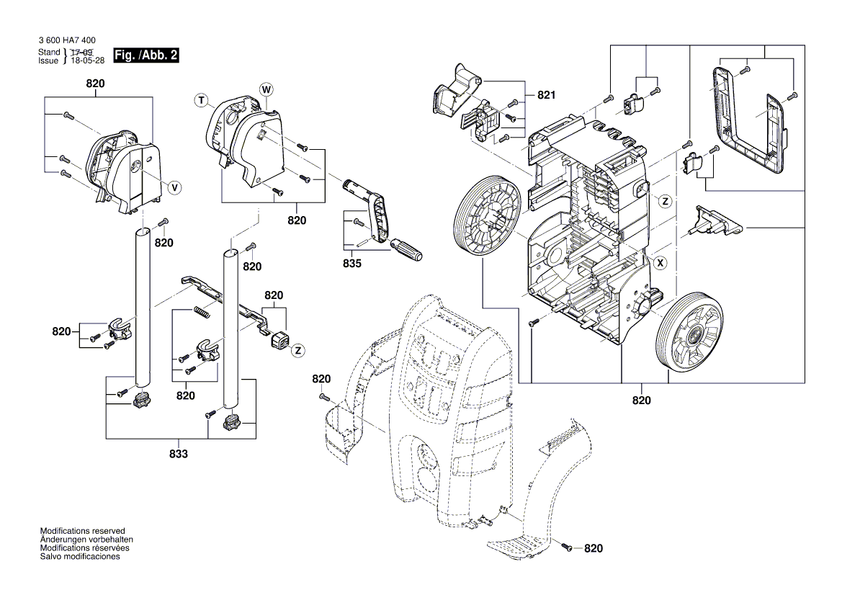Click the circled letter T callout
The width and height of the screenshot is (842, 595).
202,101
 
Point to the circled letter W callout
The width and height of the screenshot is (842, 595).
266,89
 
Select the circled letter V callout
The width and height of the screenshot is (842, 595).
174,187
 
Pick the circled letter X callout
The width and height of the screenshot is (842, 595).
658,264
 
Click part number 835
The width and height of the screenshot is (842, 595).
351,264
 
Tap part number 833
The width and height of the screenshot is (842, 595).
179,454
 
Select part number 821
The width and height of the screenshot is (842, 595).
547,95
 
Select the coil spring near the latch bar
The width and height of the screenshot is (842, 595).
202,314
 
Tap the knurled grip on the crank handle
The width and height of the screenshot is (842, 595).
406,251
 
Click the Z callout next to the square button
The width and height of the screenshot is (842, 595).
297,350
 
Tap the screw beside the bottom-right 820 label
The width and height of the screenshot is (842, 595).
566,548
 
